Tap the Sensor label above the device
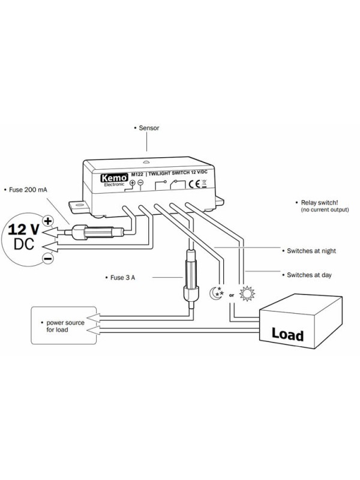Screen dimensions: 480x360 coord(148,128)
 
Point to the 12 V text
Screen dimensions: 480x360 coord(25,228)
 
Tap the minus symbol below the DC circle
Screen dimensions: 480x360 coord(47,258)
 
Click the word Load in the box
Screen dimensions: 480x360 coord(288,334)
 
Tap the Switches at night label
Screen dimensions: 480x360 coord(310,250)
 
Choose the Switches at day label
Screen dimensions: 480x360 coord(306,275)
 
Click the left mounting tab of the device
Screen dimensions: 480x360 coord(76,205)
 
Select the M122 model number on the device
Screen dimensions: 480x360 coord(137,173)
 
